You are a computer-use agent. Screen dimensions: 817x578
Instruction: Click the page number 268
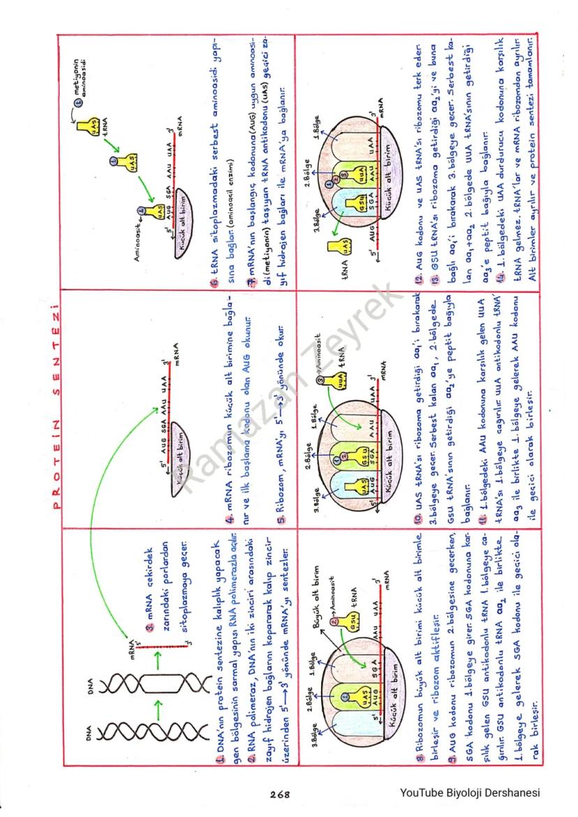tap(279, 793)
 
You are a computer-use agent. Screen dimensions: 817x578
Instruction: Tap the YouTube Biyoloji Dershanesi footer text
tap(470, 793)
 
